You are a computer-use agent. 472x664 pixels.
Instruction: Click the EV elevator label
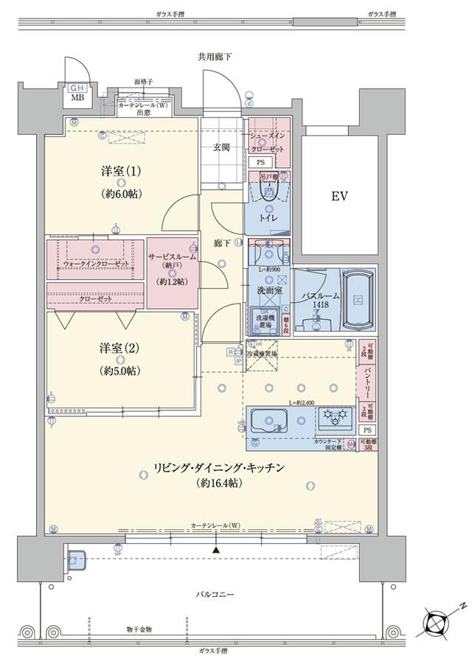(x=339, y=197)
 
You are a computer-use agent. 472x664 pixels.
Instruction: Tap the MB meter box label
(x=77, y=96)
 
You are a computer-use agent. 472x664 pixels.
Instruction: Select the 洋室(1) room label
(x=122, y=172)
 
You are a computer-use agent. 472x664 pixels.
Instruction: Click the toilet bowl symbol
(x=269, y=193)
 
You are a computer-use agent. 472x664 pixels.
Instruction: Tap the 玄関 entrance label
(x=222, y=147)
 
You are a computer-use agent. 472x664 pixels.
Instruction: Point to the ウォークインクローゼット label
(x=96, y=263)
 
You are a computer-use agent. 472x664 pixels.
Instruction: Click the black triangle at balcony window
(x=216, y=550)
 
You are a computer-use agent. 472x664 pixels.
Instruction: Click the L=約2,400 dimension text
(x=302, y=402)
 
